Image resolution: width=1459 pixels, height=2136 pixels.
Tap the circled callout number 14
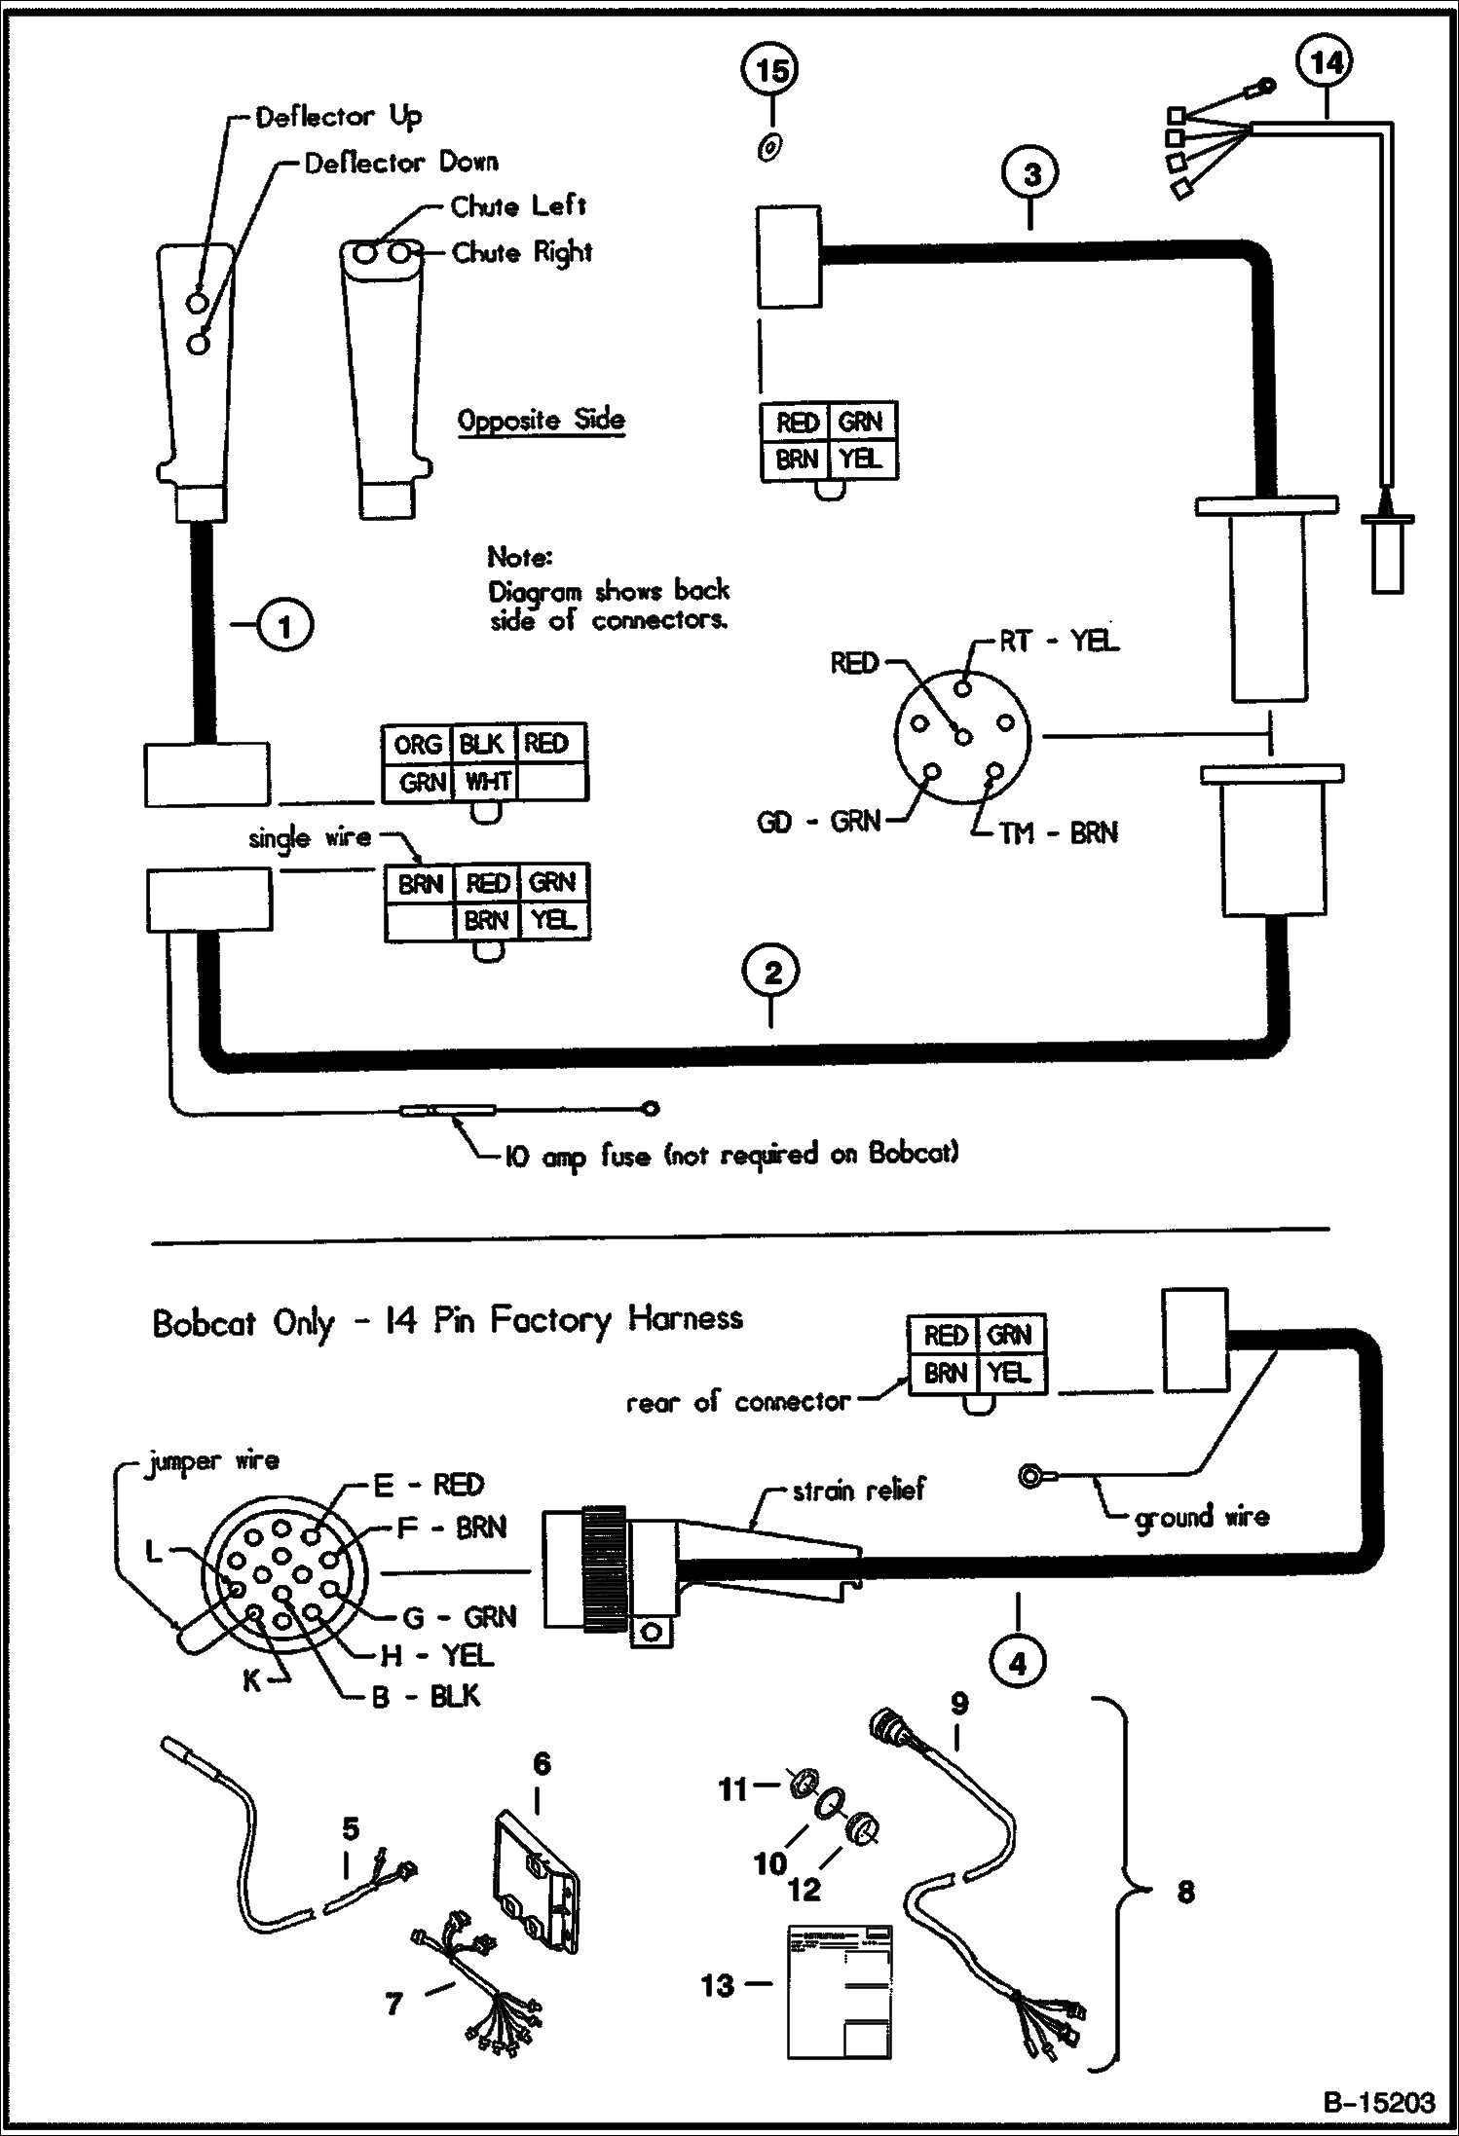click(x=1327, y=63)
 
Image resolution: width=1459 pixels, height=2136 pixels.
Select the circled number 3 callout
click(x=1031, y=174)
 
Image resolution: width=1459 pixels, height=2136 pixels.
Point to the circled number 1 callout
click(x=284, y=626)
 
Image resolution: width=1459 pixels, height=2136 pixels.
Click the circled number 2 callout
click(x=772, y=973)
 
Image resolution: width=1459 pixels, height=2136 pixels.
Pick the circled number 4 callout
click(x=1017, y=1663)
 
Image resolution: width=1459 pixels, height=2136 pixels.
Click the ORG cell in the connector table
click(x=418, y=745)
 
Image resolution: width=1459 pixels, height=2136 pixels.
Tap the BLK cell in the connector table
click(x=481, y=745)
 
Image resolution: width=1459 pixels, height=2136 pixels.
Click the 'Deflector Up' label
click(x=338, y=118)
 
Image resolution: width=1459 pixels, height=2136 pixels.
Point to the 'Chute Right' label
click(x=522, y=253)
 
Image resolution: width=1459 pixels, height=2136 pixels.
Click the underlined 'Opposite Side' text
click(x=542, y=421)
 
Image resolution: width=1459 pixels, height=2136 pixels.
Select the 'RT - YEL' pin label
click(x=1059, y=642)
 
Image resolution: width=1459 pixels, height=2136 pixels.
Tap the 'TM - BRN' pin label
click(x=1057, y=833)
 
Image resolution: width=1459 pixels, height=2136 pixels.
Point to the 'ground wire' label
click(x=1202, y=1517)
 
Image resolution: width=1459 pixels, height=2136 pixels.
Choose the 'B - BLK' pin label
click(x=427, y=1696)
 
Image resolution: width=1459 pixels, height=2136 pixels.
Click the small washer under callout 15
click(x=768, y=148)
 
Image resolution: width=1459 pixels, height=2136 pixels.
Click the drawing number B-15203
click(x=1378, y=2103)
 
